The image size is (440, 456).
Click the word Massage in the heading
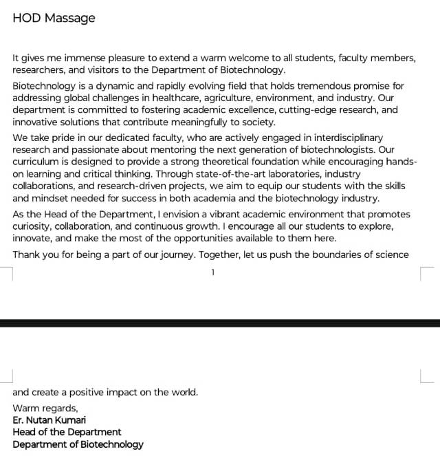click(69, 19)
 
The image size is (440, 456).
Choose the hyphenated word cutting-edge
click(298, 110)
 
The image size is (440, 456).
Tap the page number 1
click(213, 272)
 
